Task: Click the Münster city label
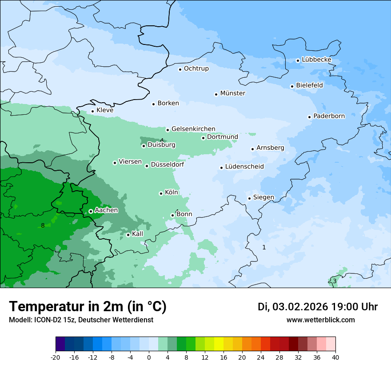pyautogui.click(x=232, y=93)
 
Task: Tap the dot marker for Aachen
pyautogui.click(x=91, y=211)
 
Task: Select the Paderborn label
pyautogui.click(x=329, y=116)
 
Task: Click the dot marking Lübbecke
pyautogui.click(x=298, y=60)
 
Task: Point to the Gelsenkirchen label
pyautogui.click(x=193, y=129)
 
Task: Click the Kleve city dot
pyautogui.click(x=92, y=112)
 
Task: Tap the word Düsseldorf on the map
pyautogui.click(x=168, y=165)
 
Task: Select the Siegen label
pyautogui.click(x=263, y=197)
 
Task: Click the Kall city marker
pyautogui.click(x=128, y=235)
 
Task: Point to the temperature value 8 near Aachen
pyautogui.click(x=43, y=225)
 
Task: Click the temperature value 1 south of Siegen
pyautogui.click(x=264, y=247)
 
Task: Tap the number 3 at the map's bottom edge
pyautogui.click(x=335, y=281)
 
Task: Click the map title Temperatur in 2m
pyautogui.click(x=88, y=306)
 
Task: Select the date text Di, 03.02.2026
pyautogui.click(x=293, y=307)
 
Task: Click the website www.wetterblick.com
pyautogui.click(x=320, y=320)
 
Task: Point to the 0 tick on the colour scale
pyautogui.click(x=148, y=357)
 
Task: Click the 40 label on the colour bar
pyautogui.click(x=335, y=357)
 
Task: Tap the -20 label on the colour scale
pyautogui.click(x=56, y=357)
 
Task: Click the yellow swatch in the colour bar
pyautogui.click(x=219, y=344)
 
